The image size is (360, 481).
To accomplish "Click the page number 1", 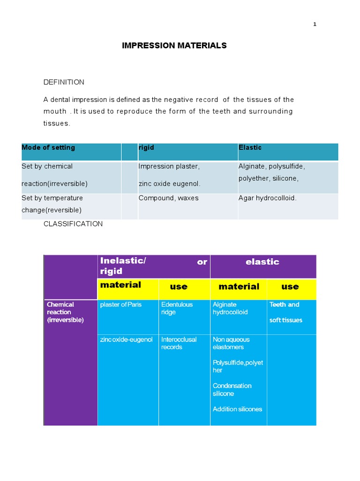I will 315,24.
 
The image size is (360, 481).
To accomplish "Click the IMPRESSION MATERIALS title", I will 174,46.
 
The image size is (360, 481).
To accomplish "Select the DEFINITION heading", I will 64,82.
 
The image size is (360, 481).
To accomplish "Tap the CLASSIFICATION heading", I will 73,224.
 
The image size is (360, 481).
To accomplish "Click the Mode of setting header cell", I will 48,147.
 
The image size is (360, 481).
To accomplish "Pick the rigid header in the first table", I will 146,147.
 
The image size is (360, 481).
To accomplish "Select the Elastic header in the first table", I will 250,147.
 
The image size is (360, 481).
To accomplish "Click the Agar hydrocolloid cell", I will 267,198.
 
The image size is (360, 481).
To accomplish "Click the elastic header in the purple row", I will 262,262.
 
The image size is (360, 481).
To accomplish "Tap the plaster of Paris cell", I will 121,304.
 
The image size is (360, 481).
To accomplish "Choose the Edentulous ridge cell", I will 177,308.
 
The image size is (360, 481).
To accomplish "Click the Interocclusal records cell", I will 179,343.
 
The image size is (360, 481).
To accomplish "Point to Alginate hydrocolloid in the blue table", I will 230,308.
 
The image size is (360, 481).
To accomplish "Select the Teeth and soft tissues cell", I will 285,312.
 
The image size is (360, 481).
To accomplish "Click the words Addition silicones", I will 237,409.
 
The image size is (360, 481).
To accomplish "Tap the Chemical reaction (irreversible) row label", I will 65,312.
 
